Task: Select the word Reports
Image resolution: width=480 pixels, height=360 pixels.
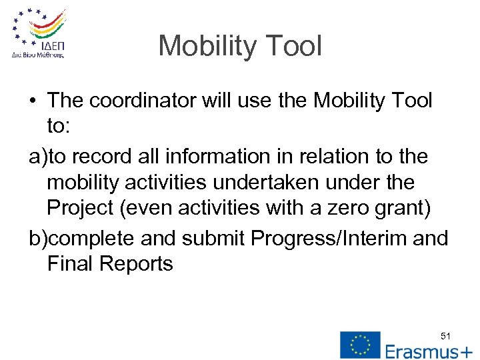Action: [x=137, y=264]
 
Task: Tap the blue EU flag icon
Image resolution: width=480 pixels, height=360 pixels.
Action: [x=360, y=344]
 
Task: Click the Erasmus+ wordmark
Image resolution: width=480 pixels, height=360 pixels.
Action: [x=429, y=351]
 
